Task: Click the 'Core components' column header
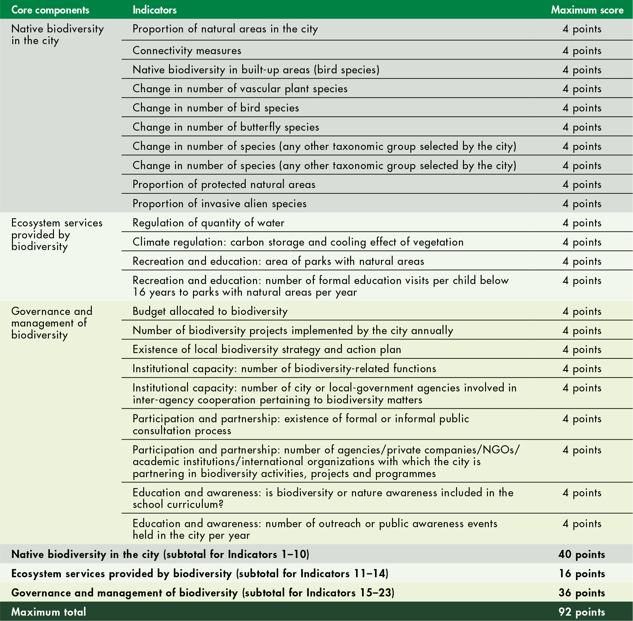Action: pos(50,10)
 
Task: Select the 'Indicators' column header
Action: pos(155,10)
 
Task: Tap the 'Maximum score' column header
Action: pos(587,10)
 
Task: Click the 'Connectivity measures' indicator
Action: pos(187,51)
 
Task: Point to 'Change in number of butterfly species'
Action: pos(226,127)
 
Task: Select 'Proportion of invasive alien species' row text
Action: pos(220,203)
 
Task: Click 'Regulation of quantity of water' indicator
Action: pos(208,223)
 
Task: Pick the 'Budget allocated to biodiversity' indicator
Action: pos(210,311)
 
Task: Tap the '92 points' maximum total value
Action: pos(582,612)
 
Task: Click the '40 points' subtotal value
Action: pos(582,554)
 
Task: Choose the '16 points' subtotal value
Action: pos(582,573)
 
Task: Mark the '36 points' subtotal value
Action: pos(582,593)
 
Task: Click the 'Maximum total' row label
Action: pos(49,612)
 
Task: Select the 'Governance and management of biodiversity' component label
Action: pos(52,323)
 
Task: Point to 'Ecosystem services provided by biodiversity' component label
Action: pos(56,235)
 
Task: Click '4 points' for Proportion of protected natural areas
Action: pos(582,185)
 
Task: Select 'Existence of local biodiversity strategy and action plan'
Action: pos(267,349)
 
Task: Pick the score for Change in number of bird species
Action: pos(582,108)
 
